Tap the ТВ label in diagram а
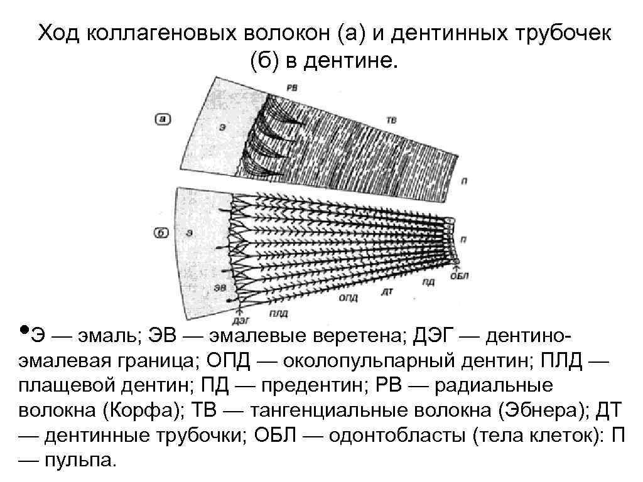click(391, 119)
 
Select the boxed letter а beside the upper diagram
click(163, 118)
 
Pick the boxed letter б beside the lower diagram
click(163, 233)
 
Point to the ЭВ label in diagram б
click(220, 287)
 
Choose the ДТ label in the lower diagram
click(388, 291)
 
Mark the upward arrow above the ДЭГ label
click(239, 308)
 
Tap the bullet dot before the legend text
click(23, 329)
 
